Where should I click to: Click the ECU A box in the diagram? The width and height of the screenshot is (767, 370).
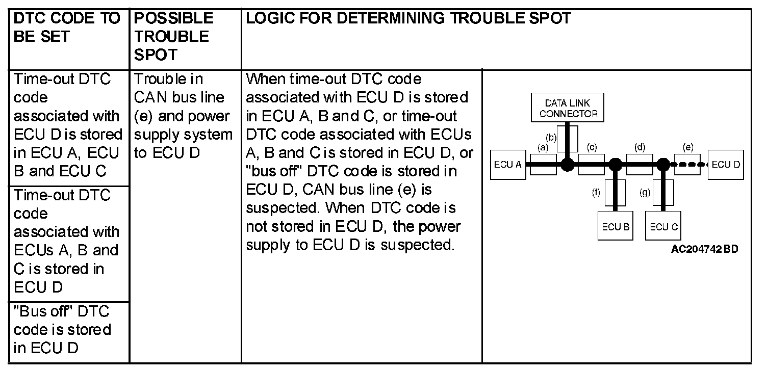tap(507, 165)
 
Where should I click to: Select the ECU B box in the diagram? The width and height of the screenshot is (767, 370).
tap(615, 227)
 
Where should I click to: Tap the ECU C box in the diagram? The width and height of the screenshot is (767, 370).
tap(663, 227)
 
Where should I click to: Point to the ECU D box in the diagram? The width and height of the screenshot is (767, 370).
tap(725, 165)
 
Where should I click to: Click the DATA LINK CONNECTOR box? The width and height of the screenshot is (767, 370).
tap(568, 108)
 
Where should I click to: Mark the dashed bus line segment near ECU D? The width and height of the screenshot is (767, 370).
tap(690, 164)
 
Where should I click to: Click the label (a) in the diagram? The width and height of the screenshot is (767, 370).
tap(543, 147)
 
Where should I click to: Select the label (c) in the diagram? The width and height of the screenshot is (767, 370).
tap(592, 147)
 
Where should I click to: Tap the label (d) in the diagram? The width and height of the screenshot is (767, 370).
tap(640, 147)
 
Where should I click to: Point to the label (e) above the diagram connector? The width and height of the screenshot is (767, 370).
tap(687, 147)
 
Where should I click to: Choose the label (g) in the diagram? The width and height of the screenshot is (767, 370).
tap(645, 193)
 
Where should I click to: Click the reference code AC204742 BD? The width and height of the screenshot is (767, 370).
tap(704, 249)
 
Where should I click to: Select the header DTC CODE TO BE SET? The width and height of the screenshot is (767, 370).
tap(66, 28)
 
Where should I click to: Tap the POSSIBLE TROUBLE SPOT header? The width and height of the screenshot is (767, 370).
tap(173, 36)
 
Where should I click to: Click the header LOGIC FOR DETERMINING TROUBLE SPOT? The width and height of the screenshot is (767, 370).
tap(408, 18)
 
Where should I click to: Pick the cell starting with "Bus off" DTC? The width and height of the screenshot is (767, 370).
tap(62, 329)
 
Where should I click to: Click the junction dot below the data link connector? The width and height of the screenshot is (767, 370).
tap(567, 164)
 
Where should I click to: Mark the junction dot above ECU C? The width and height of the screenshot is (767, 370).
tap(663, 164)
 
